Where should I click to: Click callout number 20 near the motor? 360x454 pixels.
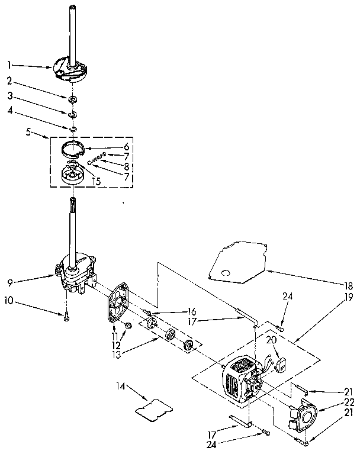[271, 340]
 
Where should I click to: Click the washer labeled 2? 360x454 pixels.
[72, 98]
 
